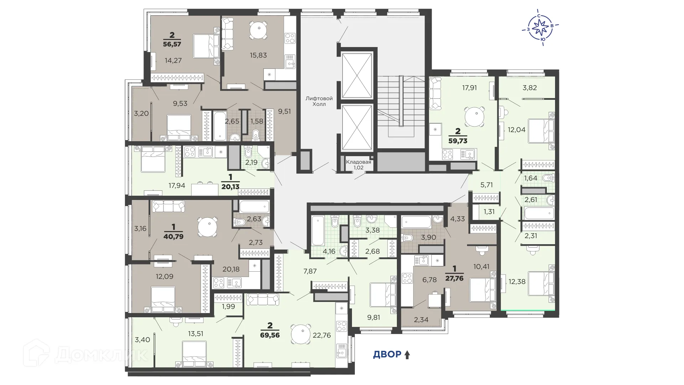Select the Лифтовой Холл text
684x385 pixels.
click(319, 101)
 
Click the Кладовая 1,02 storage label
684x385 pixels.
click(358, 164)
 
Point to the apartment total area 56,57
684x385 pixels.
click(172, 44)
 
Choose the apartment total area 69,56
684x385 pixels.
click(270, 335)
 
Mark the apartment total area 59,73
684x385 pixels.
click(458, 140)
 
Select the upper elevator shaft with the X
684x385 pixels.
click(357, 76)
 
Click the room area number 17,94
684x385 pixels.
click(177, 185)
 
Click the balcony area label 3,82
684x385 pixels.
click(529, 88)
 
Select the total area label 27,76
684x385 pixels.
click(454, 278)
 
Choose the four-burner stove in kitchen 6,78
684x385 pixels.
click(407, 278)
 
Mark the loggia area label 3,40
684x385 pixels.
click(142, 340)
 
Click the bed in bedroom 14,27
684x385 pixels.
click(206, 46)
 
